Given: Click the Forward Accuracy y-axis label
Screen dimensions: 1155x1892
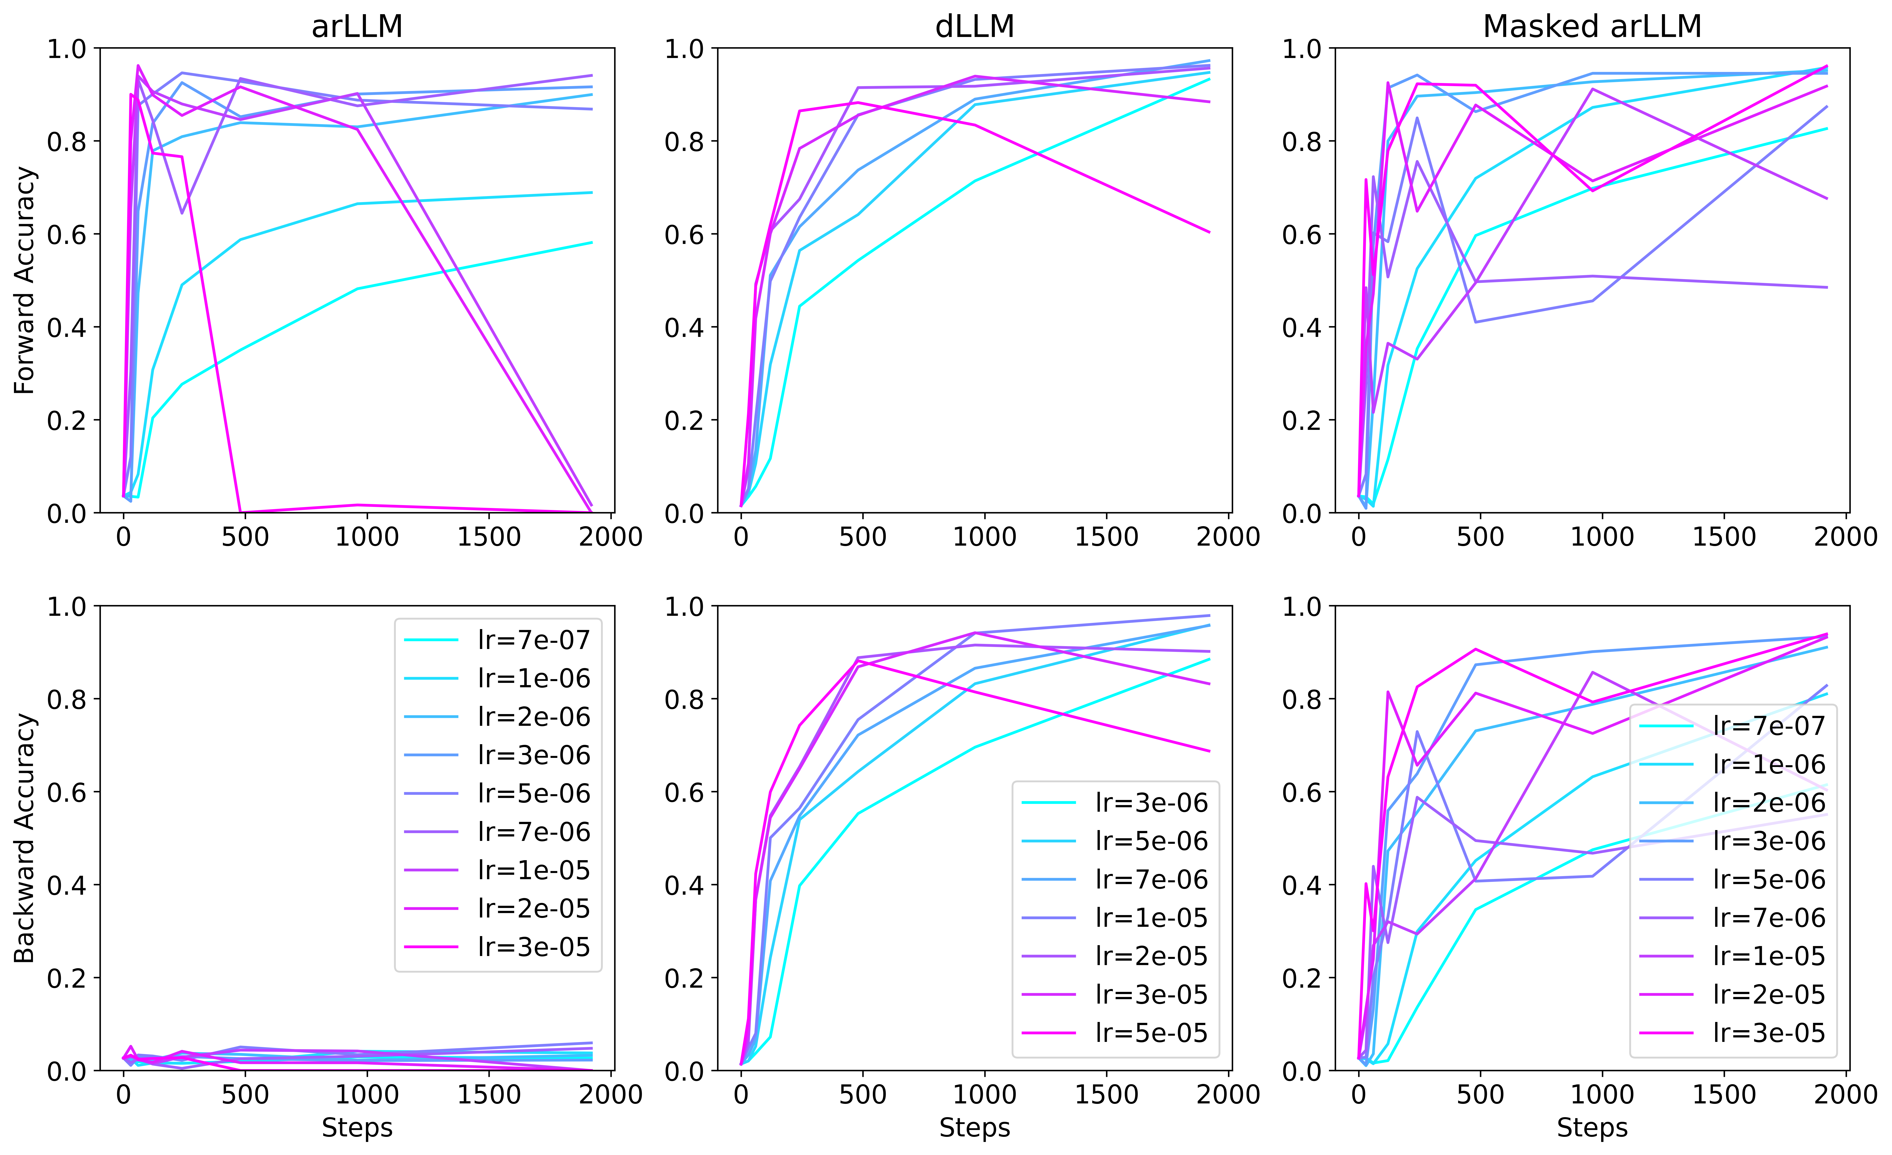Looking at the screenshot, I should [25, 280].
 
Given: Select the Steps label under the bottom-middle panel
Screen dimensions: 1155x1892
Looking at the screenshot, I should [974, 1127].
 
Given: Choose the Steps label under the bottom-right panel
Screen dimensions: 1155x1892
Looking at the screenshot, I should [1592, 1127].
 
